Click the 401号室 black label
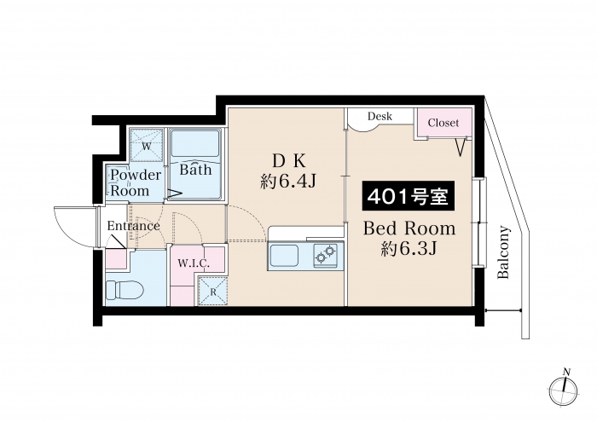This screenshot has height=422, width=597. pos(409,196)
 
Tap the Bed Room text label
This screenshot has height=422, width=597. pos(409,228)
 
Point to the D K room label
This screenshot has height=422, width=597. pos(288,162)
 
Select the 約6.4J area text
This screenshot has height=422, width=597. pos(288,182)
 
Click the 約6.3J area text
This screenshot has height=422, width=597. pos(409,248)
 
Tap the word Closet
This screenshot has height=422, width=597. pos(443,123)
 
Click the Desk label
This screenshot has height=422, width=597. pos(380,116)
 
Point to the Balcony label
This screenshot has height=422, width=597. pos(503,252)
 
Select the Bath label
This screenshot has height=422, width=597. pos(195,170)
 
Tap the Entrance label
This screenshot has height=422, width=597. pos(133,226)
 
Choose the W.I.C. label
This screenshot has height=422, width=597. pos(194,263)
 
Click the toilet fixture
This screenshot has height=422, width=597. pos(124,291)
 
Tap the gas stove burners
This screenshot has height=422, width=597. pos(327,254)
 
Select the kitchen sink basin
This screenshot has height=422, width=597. pos(284,256)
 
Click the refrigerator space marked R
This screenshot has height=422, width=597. pos(212,292)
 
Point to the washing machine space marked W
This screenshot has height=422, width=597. pos(147,146)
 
